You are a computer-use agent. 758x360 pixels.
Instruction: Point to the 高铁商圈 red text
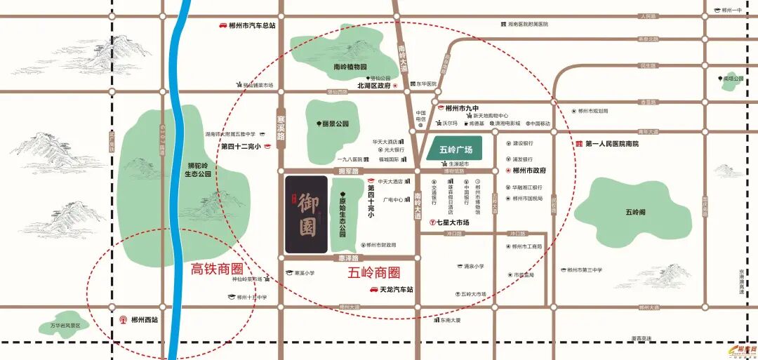pyautogui.click(x=217, y=268)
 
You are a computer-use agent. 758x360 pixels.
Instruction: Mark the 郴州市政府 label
pyautogui.click(x=529, y=171)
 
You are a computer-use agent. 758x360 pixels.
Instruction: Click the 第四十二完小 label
pyautogui.click(x=241, y=147)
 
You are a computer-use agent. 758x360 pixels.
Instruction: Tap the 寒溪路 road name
pyautogui.click(x=281, y=128)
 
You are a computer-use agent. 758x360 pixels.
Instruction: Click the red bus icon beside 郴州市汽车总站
pyautogui.click(x=222, y=25)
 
